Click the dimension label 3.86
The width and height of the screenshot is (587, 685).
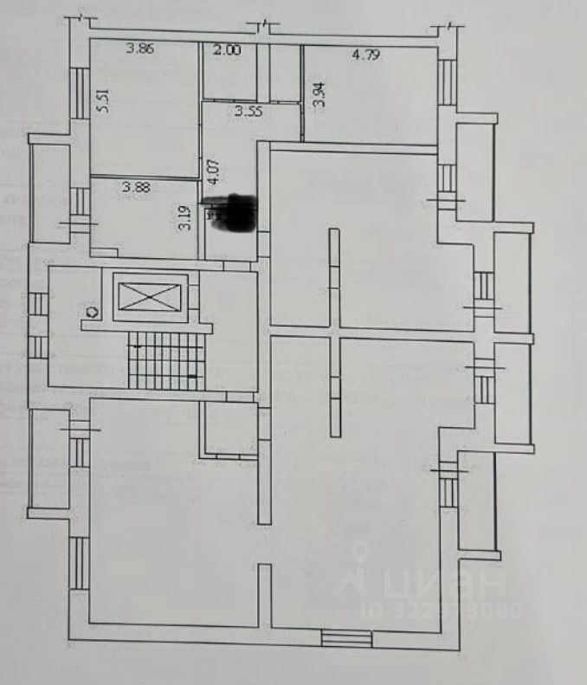tap(139, 49)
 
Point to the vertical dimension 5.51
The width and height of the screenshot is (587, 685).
tap(103, 103)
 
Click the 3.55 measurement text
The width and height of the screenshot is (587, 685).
tap(248, 110)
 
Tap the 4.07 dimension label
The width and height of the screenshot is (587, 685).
tap(211, 165)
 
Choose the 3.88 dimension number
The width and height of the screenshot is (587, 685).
tap(135, 186)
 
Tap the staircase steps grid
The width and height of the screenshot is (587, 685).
tap(165, 360)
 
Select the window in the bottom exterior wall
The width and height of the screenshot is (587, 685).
tap(346, 639)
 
